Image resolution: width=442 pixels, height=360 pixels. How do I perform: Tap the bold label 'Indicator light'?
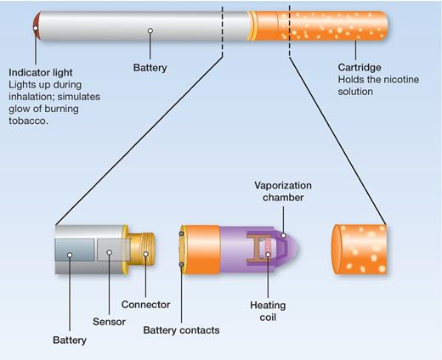coord(43,72)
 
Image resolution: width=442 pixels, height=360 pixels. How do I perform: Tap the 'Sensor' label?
coord(109,323)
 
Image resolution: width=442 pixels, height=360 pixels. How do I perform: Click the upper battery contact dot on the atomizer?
coord(182,233)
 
